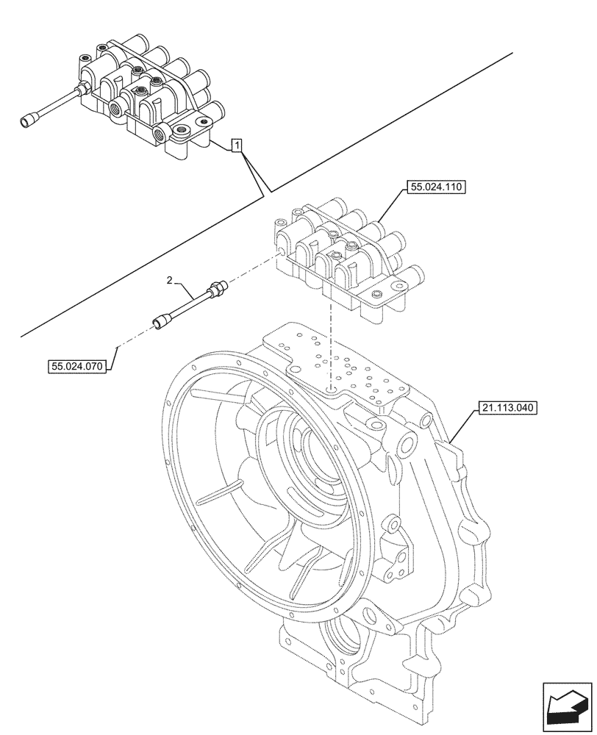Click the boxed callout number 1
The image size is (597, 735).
(x=236, y=146)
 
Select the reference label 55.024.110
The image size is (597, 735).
(x=435, y=189)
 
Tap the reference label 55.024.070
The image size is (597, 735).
(x=78, y=365)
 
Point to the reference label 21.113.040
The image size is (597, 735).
(x=507, y=406)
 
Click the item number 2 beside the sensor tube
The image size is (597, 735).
(x=170, y=280)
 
